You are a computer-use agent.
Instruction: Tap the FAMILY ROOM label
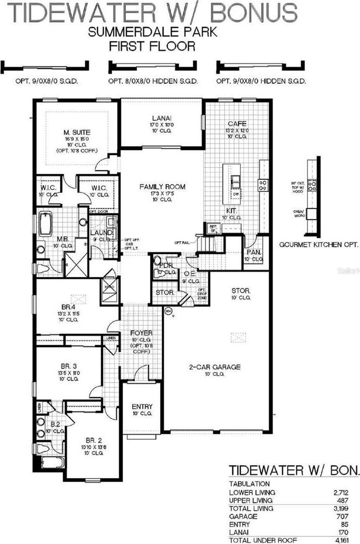(162, 187)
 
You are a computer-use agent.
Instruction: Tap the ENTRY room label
(142, 407)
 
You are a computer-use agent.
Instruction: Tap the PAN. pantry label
(254, 252)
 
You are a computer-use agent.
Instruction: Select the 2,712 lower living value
(346, 492)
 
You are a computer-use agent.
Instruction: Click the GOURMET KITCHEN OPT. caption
(319, 245)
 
